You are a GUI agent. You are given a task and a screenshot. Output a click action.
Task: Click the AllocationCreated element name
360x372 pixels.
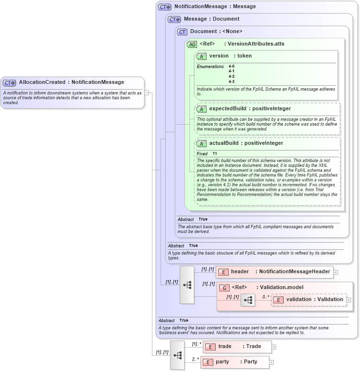(42, 82)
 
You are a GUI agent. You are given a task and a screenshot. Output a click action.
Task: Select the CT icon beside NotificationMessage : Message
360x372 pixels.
(165, 7)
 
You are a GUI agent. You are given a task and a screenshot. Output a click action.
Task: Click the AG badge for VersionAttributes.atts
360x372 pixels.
(192, 44)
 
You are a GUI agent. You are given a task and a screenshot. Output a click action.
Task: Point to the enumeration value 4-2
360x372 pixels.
(232, 76)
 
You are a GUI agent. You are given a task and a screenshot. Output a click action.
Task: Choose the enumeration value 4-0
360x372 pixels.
(232, 66)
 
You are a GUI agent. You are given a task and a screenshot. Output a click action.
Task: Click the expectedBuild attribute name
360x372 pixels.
(228, 109)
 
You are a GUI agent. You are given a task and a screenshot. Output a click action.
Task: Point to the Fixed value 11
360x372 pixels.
(215, 153)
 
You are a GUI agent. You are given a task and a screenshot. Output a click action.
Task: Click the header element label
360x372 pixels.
(240, 272)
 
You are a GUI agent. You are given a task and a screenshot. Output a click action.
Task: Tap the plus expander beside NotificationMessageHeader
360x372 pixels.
(336, 272)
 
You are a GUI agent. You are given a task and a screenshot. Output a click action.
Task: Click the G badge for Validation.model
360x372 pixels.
(224, 288)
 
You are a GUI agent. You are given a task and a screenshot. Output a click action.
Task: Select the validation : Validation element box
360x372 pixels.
(309, 300)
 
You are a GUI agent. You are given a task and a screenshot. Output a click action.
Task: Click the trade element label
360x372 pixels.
(225, 347)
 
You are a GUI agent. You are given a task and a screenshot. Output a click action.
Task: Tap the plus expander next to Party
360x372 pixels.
(271, 362)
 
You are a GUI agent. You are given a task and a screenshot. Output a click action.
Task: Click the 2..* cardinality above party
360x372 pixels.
(196, 359)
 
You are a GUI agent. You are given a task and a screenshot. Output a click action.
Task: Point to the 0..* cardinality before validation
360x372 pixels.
(266, 296)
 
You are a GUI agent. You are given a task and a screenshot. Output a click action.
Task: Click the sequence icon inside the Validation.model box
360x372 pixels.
(248, 300)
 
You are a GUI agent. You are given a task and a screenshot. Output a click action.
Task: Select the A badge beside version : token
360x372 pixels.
(201, 56)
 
